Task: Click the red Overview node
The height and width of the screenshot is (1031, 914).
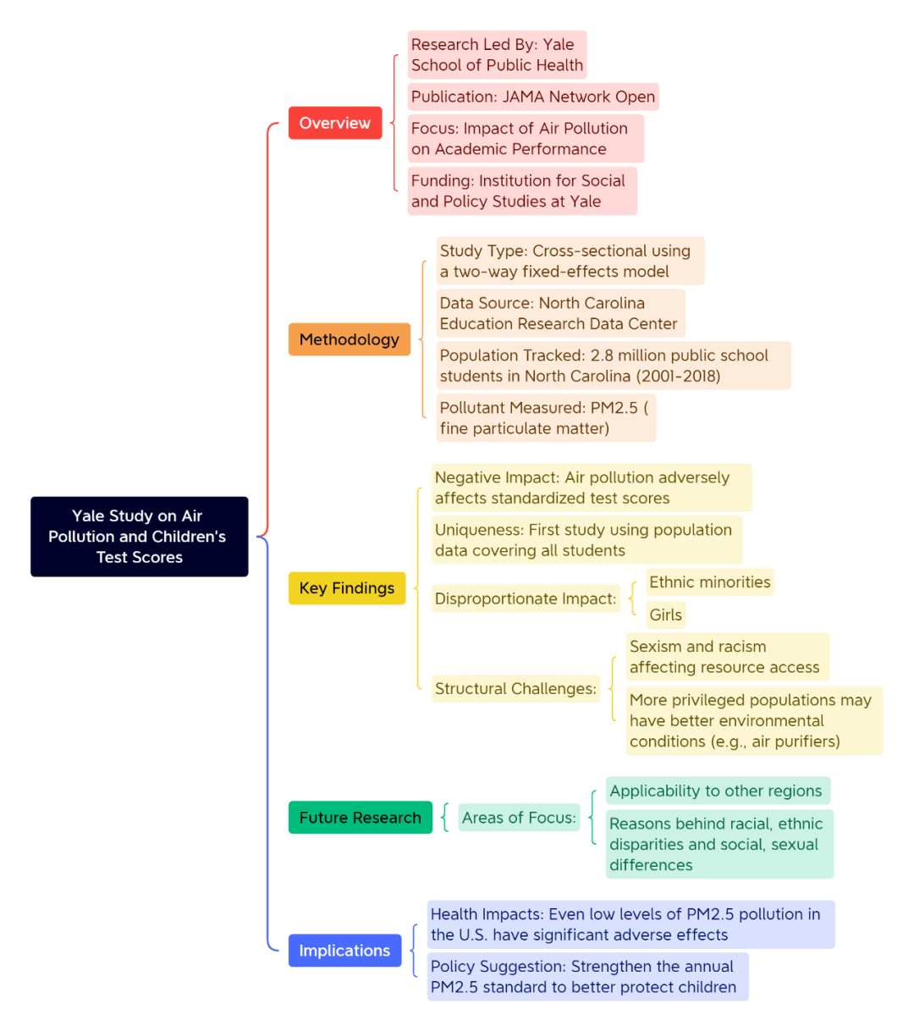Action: [x=335, y=123]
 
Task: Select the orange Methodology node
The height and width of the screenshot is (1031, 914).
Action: [x=350, y=339]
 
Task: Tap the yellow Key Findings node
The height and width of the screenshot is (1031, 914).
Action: [x=347, y=587]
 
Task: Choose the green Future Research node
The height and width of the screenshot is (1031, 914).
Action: [x=360, y=817]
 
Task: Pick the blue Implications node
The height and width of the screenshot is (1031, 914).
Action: [x=344, y=950]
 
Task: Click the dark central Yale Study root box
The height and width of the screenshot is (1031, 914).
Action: [x=140, y=536]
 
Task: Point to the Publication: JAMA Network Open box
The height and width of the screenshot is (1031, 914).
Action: [x=533, y=96]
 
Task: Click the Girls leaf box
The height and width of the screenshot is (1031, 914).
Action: [x=665, y=615]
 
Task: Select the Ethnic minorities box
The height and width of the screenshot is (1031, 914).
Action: [x=709, y=582]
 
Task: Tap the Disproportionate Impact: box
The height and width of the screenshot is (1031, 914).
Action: [x=526, y=598]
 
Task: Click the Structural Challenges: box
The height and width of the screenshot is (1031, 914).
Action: [x=515, y=688]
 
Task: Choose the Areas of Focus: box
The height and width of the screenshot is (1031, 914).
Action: [x=519, y=817]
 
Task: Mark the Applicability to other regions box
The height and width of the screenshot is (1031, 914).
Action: [x=718, y=791]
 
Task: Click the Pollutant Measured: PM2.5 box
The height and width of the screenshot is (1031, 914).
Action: [x=546, y=417]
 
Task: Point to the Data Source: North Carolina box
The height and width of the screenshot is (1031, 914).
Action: [x=560, y=313]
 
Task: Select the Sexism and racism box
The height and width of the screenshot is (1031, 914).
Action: [x=727, y=657]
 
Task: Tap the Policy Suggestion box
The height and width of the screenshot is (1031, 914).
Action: [x=587, y=976]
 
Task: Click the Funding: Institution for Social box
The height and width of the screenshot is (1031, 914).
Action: [x=522, y=190]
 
